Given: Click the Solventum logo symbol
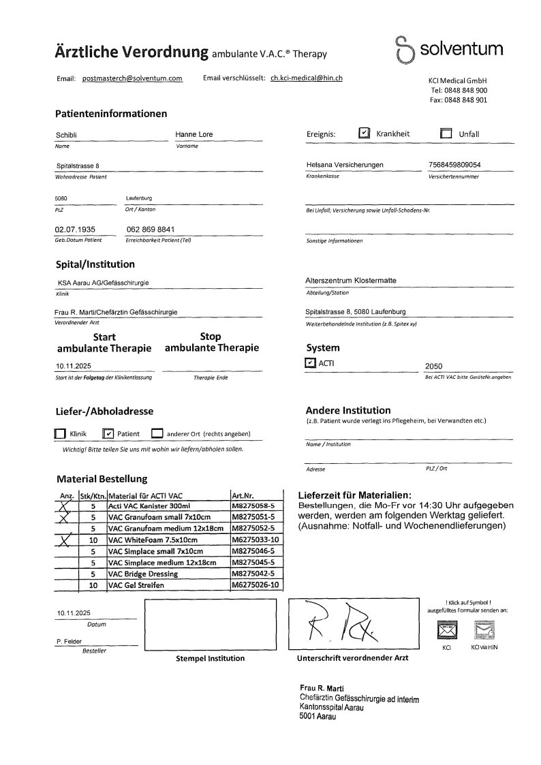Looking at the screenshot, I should coord(405,50).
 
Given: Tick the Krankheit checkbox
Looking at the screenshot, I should coord(364,134).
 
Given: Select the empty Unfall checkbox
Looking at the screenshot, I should coord(446,134).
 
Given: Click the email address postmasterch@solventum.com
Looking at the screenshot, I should coord(132,78).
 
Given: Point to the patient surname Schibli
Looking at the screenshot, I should coord(67,135).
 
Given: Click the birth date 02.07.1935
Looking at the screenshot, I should coord(74,230).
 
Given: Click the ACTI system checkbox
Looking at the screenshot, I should coord(311,363).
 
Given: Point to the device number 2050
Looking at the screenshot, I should coord(433,366).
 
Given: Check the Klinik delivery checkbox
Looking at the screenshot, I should coord(59,433).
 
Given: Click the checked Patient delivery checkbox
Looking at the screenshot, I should coord(108,433).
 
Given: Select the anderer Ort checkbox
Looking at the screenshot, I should coord(157,433).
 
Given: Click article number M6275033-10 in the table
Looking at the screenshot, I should coord(255,540).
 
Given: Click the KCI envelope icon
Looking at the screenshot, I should coord(448,631).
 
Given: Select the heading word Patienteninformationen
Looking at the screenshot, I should coord(110,114).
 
